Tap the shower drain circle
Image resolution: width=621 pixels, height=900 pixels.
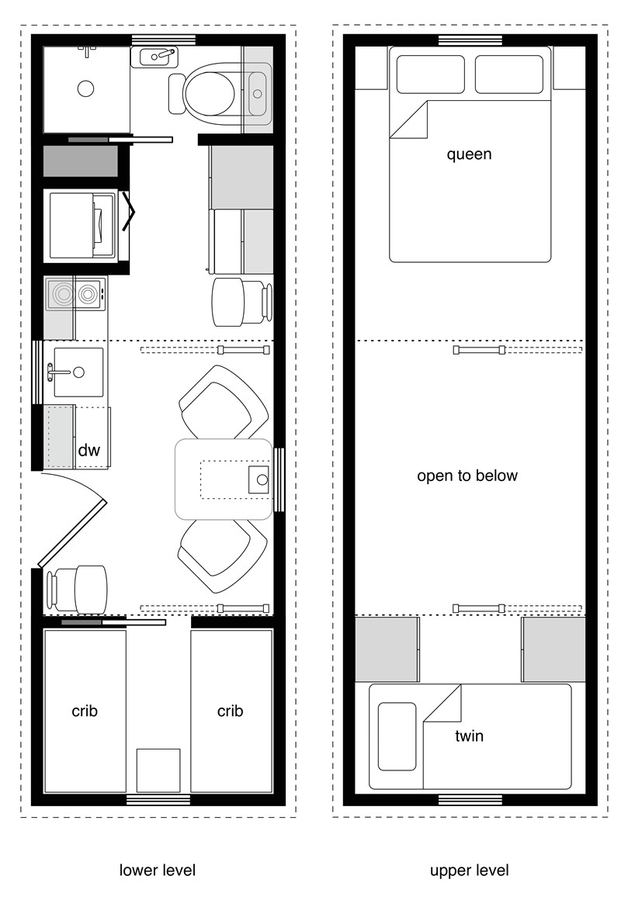(85, 88)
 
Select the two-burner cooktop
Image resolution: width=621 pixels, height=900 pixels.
(75, 294)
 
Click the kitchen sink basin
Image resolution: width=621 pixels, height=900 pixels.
(78, 372)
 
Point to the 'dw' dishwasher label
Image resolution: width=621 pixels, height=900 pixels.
(88, 450)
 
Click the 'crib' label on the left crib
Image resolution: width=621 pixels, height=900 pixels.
(85, 711)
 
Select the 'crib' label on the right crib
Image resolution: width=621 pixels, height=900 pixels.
(231, 711)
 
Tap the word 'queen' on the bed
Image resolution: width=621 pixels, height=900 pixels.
(469, 154)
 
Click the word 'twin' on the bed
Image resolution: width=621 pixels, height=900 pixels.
(469, 736)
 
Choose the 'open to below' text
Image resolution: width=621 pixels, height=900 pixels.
(467, 476)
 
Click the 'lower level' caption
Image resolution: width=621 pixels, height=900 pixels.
(158, 870)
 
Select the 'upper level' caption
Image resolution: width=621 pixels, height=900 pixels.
(470, 870)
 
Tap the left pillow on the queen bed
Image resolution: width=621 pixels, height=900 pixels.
(429, 74)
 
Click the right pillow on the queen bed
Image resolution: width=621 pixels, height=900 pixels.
(508, 74)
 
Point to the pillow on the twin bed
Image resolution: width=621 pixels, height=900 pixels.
(397, 736)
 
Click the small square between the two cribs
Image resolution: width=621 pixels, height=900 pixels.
(158, 770)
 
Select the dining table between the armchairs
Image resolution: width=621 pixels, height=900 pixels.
(224, 479)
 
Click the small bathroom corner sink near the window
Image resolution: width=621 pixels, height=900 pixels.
(154, 57)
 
